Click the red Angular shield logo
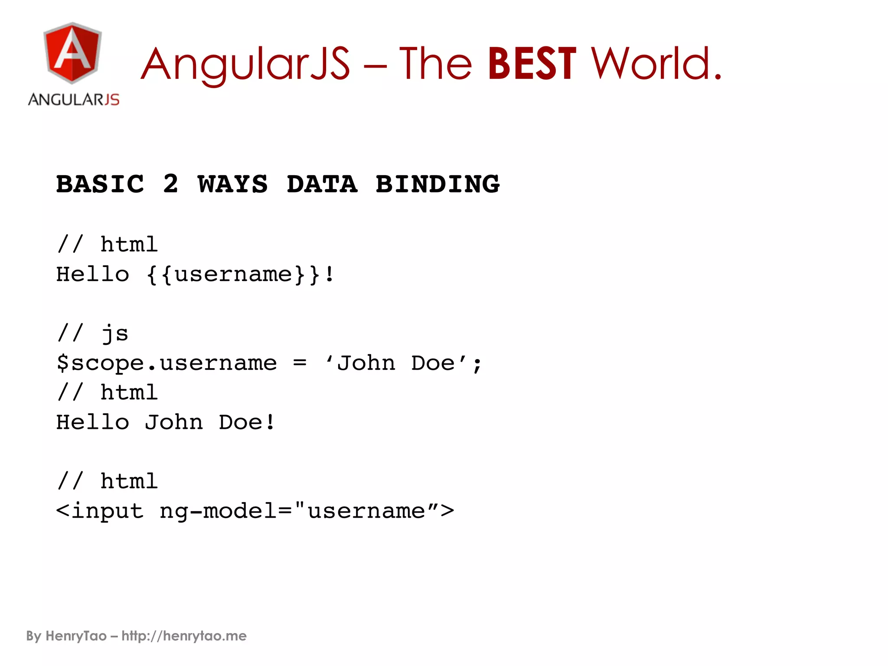point(72,53)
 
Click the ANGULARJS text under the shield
point(74,100)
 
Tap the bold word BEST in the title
point(532,64)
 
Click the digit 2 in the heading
point(170,184)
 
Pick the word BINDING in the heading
point(437,184)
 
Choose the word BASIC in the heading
point(100,184)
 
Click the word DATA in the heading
point(322,184)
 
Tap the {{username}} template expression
point(233,274)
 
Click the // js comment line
point(93,333)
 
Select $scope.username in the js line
point(166,363)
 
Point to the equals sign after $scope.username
point(300,363)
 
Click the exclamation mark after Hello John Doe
point(270,422)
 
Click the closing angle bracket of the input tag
point(447,511)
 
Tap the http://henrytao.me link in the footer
point(184,636)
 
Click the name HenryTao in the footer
point(76,636)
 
